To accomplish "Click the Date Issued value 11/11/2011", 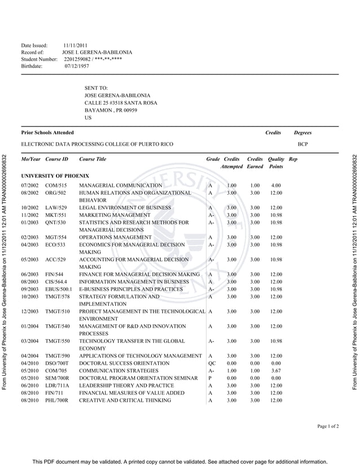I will (x=75, y=45).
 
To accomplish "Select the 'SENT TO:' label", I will (x=96, y=88).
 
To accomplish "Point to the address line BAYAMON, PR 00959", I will (x=111, y=110).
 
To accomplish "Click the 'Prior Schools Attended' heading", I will (x=47, y=133).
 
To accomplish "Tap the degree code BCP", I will (x=303, y=144).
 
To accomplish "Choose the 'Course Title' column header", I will (x=93, y=159).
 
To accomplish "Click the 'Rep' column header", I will (x=292, y=159).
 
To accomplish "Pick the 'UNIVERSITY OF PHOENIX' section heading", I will (x=55, y=176).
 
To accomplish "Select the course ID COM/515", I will (x=56, y=185).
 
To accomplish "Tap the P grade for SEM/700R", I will (x=210, y=378).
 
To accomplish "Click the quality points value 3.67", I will (x=276, y=371).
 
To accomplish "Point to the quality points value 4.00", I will (x=276, y=185).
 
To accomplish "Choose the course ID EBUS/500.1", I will (x=59, y=289).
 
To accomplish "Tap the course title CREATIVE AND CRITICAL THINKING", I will (x=125, y=400).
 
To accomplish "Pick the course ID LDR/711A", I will (x=57, y=385).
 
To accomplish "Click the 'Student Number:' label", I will (x=39, y=59).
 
